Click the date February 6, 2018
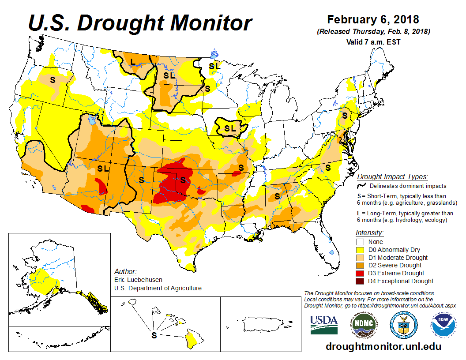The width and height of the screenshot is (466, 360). (373, 20)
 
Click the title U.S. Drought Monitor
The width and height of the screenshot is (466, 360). (140, 22)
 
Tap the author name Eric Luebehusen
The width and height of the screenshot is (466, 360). (136, 280)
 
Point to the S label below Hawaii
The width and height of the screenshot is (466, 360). (154, 335)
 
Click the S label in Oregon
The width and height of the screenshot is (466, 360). (53, 80)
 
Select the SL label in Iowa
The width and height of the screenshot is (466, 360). (230, 128)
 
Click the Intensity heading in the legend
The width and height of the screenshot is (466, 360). (369, 232)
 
